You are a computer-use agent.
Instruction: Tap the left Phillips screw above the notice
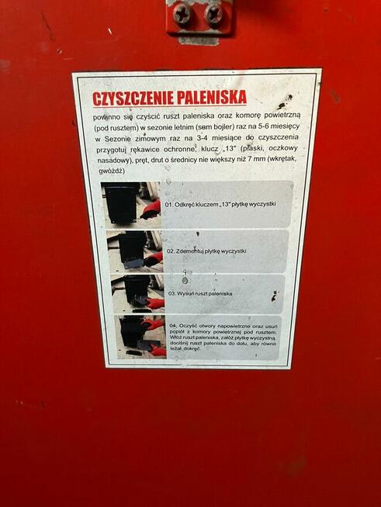183,12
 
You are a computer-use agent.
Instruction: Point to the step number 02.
170,252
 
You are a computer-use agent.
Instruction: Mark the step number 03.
171,295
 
